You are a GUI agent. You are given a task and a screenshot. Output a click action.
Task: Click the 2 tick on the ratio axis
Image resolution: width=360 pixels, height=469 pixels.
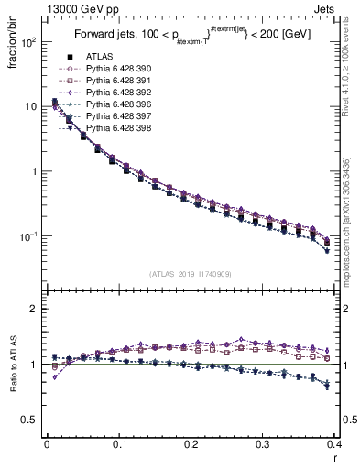[34, 309]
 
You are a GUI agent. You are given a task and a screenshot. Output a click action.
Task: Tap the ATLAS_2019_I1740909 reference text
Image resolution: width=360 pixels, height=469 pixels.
[190, 274]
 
